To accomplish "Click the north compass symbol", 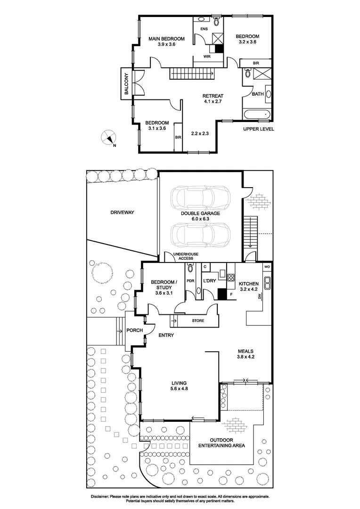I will pos(108,138).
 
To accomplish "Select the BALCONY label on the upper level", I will pos(126,85).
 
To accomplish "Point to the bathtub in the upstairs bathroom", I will pos(257,114).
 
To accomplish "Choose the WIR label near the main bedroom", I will pos(206,57).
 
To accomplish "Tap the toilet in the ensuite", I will pos(216,21).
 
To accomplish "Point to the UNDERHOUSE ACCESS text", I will pos(186,256).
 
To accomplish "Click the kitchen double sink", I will pos(267,283).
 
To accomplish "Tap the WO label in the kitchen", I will pos(267,268).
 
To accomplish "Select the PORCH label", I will pos(135,330).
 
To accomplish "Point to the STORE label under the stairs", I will pos(198,321).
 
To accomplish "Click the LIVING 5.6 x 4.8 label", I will pos(179,386).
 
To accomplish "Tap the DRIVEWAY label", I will pos(123,213).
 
